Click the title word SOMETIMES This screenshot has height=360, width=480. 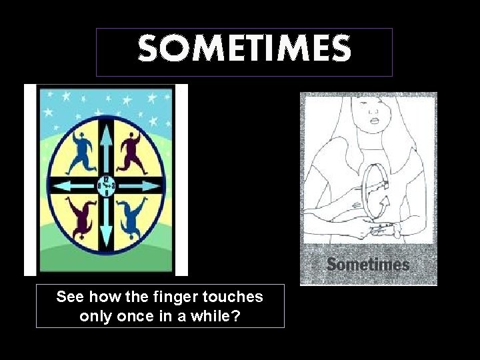244,49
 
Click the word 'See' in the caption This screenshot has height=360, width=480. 69,297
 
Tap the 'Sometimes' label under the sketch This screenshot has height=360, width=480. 368,265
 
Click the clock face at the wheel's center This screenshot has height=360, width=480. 107,185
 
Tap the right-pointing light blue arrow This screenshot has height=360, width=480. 143,185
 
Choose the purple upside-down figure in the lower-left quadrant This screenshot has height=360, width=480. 82,217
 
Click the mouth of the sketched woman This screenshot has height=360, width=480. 375,121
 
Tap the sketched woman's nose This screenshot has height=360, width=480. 374,111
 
